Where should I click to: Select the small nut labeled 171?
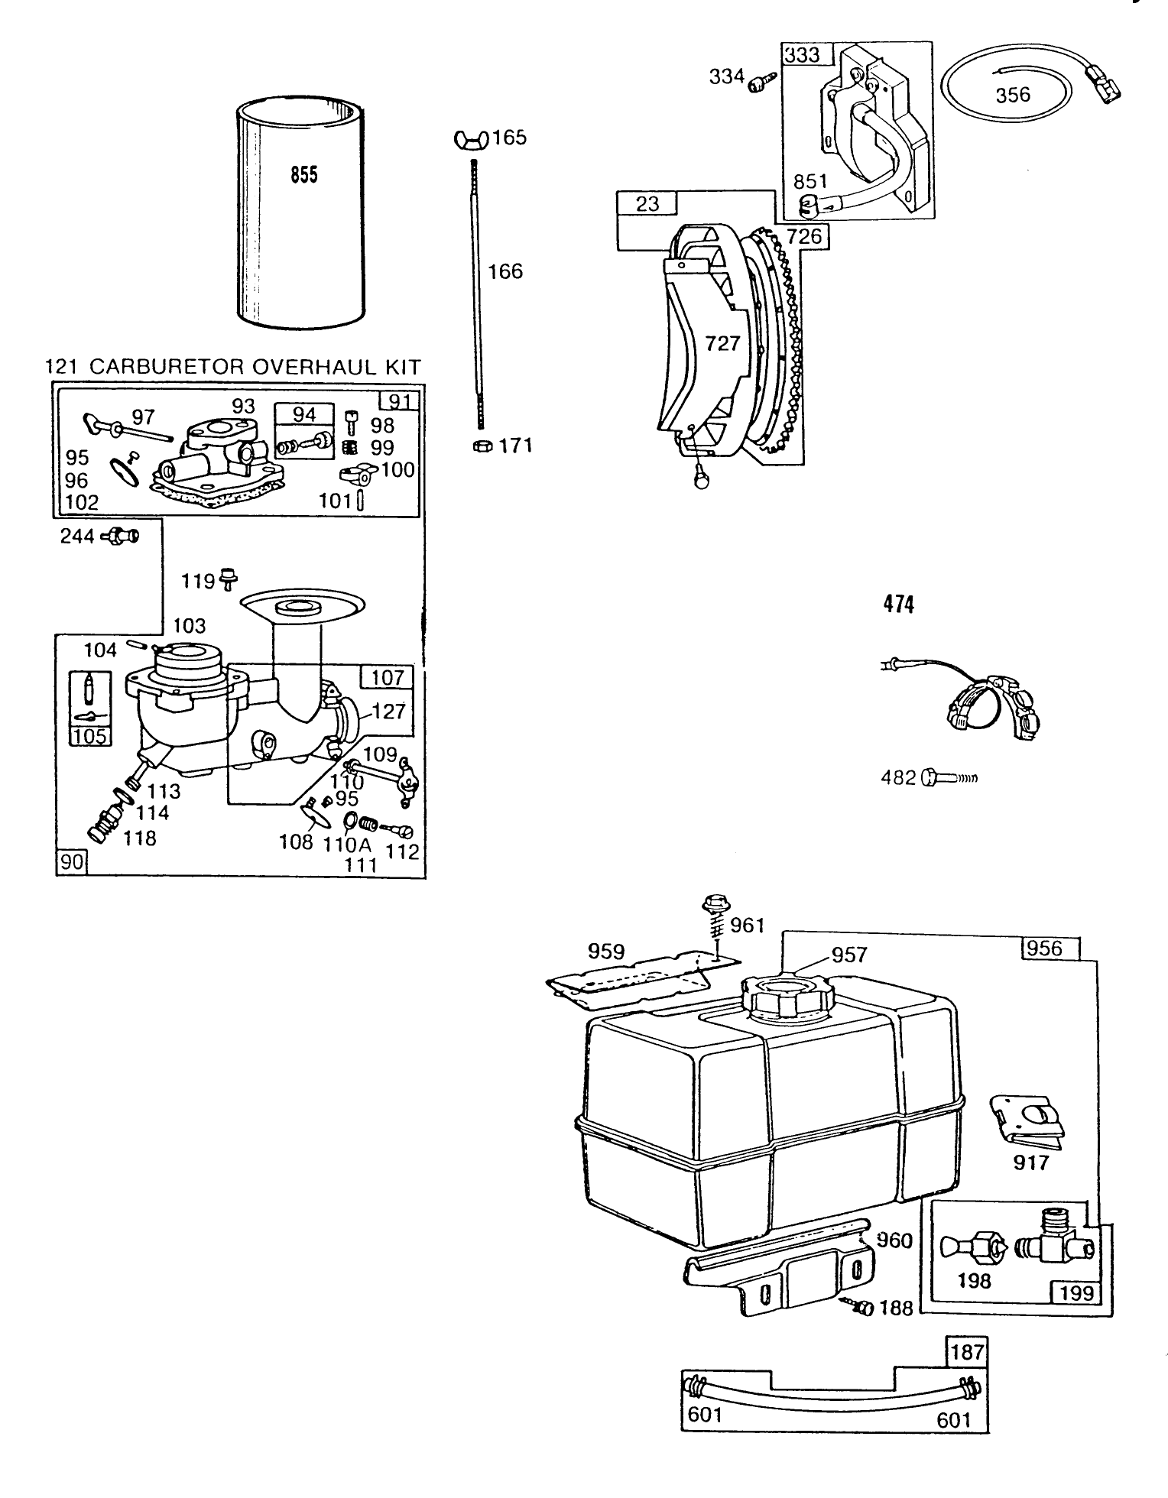coord(482,446)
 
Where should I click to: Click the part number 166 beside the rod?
coord(505,271)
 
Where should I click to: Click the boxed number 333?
coord(801,55)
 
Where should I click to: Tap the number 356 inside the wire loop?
coord(1013,95)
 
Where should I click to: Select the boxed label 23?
coord(647,204)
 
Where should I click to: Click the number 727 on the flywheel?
coord(722,343)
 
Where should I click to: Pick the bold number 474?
coord(898,605)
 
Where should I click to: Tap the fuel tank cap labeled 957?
coord(785,995)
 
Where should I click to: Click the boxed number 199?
coord(1077,1292)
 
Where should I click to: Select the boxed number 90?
coord(72,864)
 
